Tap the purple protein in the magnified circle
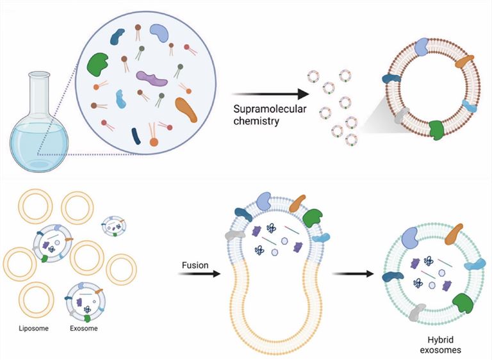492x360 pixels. pos(152,79)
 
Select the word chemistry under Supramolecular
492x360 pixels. pos(250,119)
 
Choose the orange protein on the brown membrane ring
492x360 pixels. pos(464,62)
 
